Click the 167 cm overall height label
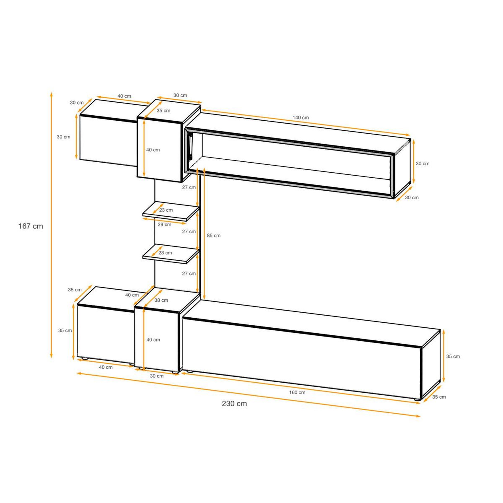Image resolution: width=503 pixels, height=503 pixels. [x=31, y=226]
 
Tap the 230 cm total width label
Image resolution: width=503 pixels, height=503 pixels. [x=234, y=404]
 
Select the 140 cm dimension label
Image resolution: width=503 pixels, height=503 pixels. [x=301, y=118]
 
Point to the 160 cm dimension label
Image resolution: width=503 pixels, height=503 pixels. [x=297, y=392]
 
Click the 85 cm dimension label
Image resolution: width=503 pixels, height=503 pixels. [x=214, y=236]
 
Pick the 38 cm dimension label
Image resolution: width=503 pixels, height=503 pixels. [x=161, y=300]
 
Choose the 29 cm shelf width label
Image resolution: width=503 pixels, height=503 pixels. [x=165, y=224]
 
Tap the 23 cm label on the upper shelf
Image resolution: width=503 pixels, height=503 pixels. [x=166, y=210]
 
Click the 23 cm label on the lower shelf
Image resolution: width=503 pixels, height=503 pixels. [x=165, y=253]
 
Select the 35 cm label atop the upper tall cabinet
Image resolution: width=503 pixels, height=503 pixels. [x=164, y=111]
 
